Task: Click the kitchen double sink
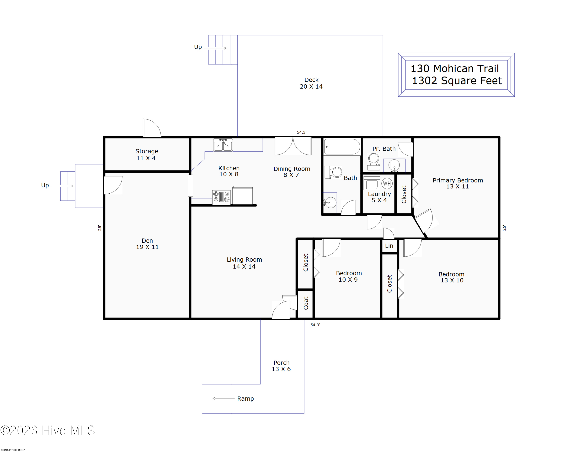(223, 145)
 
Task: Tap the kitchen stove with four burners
(221, 197)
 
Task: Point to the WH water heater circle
(387, 184)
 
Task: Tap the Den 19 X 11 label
(147, 243)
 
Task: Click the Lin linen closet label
(389, 246)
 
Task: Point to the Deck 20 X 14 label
(311, 83)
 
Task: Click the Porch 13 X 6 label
(281, 366)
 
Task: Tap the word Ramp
(246, 399)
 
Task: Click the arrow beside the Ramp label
(224, 398)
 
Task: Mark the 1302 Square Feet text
(457, 80)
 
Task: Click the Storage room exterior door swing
(152, 128)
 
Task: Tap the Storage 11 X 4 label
(147, 155)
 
